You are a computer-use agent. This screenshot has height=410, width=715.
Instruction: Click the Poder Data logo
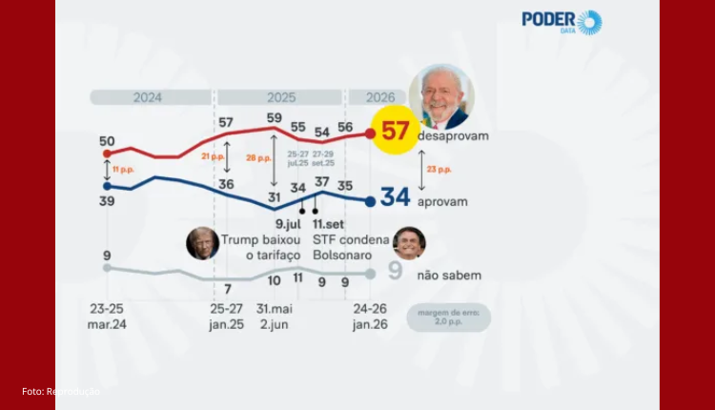(x=562, y=22)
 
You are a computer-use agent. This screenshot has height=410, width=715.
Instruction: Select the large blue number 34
(x=395, y=197)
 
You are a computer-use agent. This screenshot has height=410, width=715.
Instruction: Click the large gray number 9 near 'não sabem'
(x=395, y=272)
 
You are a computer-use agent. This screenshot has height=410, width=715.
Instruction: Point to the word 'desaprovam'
(x=453, y=136)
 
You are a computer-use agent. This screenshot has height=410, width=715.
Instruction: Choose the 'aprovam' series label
(x=442, y=202)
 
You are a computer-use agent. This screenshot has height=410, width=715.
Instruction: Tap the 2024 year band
(x=148, y=97)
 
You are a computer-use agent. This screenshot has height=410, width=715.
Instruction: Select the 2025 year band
(x=280, y=97)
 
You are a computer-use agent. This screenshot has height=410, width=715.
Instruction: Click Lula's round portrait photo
(x=441, y=97)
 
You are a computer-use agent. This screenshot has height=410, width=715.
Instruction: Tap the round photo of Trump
(x=202, y=244)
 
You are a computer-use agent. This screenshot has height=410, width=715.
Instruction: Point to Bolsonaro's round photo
(x=409, y=244)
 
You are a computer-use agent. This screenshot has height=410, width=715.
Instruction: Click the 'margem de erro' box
(x=448, y=318)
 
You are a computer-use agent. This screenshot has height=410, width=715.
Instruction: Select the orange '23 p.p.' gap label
(x=439, y=170)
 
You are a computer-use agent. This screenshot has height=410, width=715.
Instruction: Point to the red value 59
(x=275, y=118)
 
